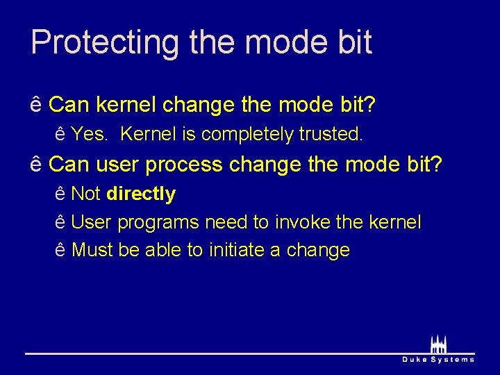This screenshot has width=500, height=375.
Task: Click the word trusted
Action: (331, 133)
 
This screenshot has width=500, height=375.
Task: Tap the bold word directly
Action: (141, 194)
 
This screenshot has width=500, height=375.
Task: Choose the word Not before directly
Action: (86, 194)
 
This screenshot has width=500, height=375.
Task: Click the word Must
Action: (92, 250)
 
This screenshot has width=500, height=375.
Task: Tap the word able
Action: (163, 250)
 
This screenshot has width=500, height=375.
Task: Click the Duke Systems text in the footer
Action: (438, 359)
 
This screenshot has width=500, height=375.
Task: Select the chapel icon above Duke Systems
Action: (438, 344)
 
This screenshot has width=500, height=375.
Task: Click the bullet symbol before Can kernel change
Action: (36, 105)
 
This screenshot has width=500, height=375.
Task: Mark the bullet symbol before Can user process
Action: (36, 165)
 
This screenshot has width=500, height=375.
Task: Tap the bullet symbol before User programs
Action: (60, 223)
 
